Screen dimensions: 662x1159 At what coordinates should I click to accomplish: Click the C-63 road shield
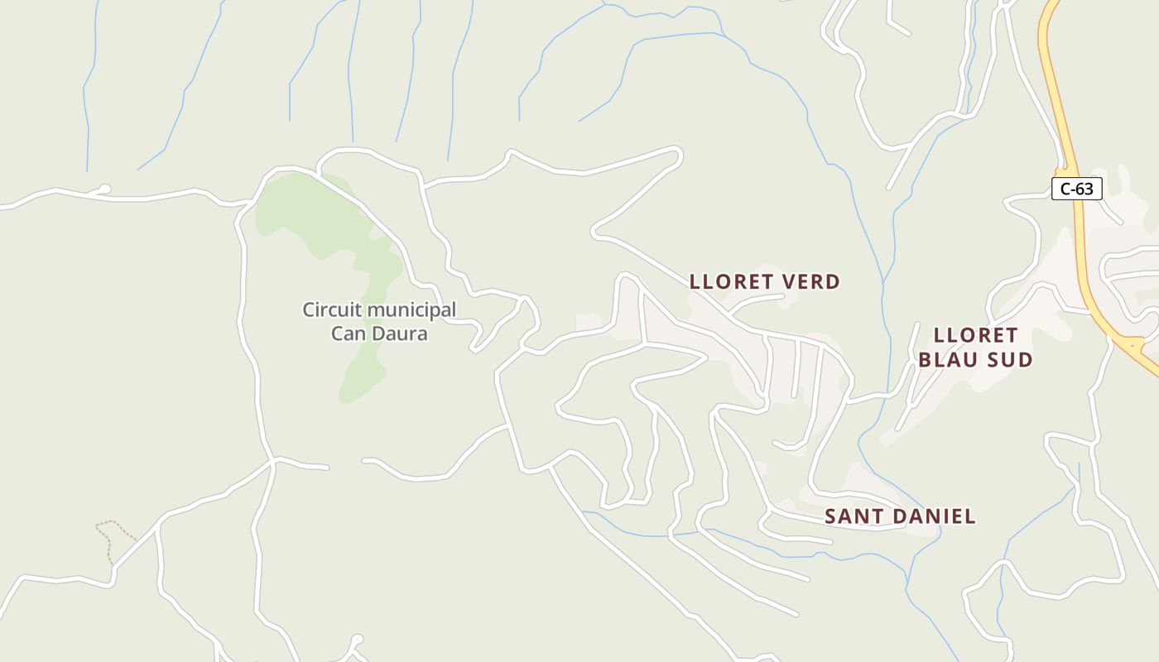pyautogui.click(x=1076, y=189)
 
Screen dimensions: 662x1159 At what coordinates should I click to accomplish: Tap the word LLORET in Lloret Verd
pyautogui.click(x=729, y=282)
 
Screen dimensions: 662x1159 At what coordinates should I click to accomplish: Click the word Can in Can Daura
pyautogui.click(x=349, y=333)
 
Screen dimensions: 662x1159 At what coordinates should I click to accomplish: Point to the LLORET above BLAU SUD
pyautogui.click(x=975, y=335)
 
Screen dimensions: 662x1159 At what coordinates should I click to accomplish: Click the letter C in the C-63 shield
pyautogui.click(x=1065, y=189)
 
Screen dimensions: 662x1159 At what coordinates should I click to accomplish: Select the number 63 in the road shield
pyautogui.click(x=1084, y=189)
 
